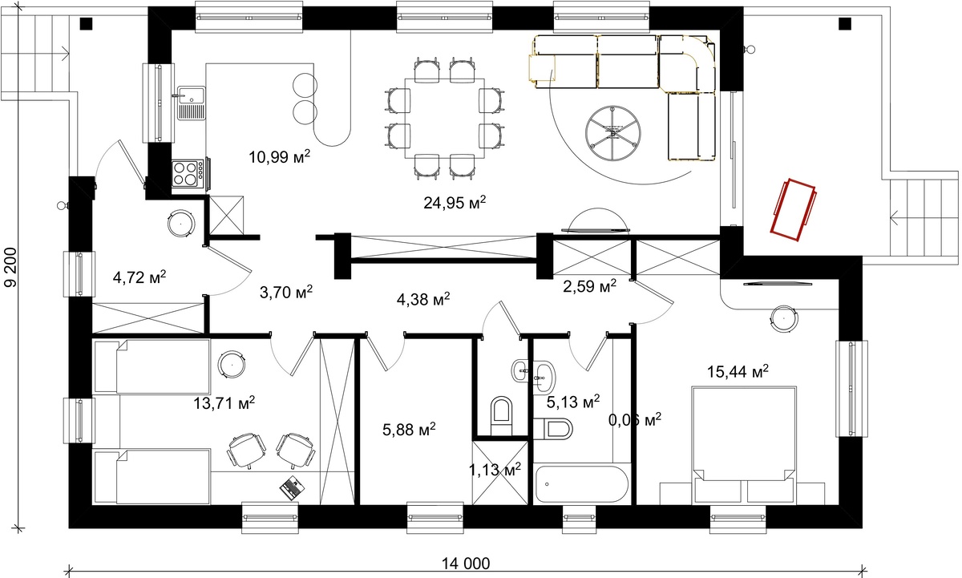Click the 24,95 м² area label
point(455,202)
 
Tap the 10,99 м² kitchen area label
point(280,157)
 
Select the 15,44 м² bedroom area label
point(738,371)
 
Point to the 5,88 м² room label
point(410,429)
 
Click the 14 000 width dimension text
point(466,563)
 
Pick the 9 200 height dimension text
point(10,267)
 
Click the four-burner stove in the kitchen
point(188,173)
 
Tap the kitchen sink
point(192,103)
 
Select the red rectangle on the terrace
point(794,209)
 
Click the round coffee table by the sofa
point(613,133)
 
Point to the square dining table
point(444,119)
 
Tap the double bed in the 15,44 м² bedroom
point(744,445)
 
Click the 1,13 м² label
point(495,470)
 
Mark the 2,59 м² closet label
point(590,285)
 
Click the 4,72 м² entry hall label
point(139,277)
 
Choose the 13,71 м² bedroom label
point(224,402)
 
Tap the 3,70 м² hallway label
point(286,292)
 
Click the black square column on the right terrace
point(845,23)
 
